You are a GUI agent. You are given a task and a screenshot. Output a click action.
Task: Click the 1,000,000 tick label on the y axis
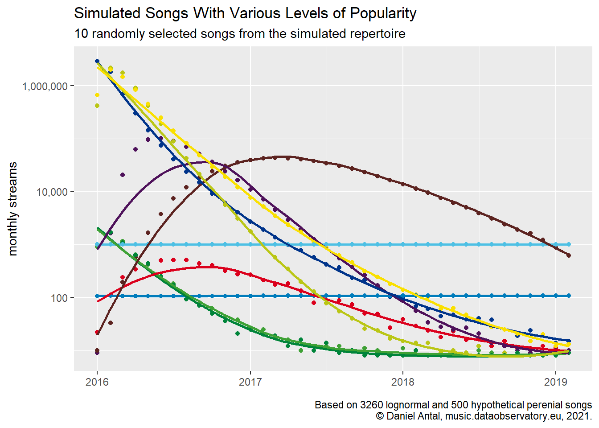(45, 86)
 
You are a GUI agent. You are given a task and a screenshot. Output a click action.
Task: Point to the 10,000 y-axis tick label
(53, 192)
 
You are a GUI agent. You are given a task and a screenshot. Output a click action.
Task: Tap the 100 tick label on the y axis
(59, 298)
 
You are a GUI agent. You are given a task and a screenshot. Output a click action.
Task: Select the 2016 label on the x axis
(97, 382)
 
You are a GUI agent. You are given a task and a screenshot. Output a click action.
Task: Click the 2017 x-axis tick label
(250, 382)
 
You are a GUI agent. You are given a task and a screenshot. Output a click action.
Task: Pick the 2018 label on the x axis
(403, 382)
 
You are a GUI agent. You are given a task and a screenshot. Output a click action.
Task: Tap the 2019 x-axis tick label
(556, 382)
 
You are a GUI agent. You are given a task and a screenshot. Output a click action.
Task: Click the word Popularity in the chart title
(383, 13)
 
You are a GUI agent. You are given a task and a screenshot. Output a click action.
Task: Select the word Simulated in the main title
(107, 13)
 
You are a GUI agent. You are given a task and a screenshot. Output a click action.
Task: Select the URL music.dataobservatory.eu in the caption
(501, 416)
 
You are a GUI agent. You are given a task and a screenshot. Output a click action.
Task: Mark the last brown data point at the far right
(569, 255)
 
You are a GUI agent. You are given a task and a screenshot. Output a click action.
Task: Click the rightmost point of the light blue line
(569, 245)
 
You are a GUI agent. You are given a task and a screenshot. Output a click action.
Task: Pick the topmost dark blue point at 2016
(97, 61)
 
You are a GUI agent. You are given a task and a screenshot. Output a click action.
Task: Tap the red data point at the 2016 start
(97, 332)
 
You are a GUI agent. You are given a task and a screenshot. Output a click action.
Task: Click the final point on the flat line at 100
(569, 296)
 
